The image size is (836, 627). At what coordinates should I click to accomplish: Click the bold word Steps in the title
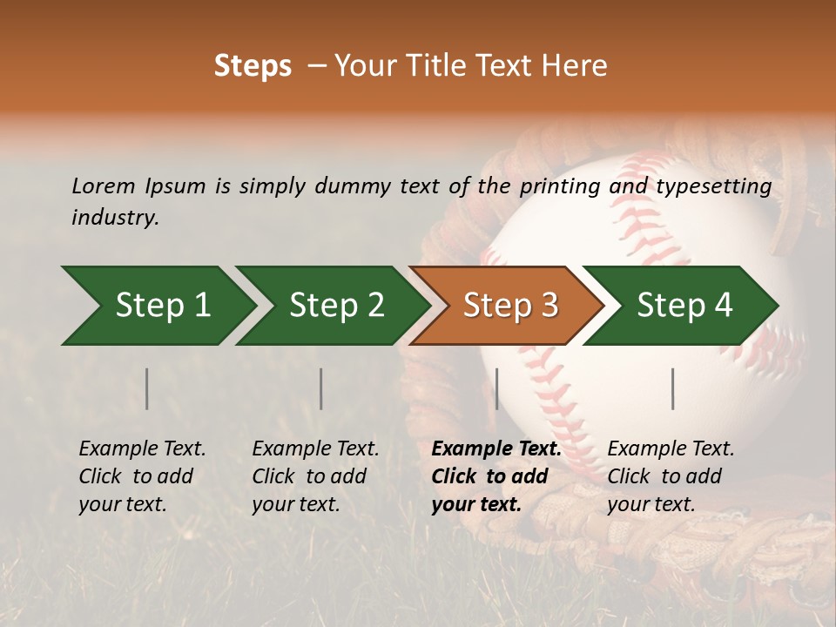click(x=253, y=66)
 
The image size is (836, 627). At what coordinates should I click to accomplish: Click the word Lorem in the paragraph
click(x=104, y=185)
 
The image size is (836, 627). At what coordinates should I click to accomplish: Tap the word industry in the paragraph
click(x=115, y=217)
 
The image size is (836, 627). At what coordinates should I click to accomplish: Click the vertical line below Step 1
click(x=147, y=388)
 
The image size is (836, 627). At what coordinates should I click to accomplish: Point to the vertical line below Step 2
click(x=321, y=388)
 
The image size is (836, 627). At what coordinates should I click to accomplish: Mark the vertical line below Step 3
click(x=496, y=388)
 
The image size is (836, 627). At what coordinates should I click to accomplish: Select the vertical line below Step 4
click(x=672, y=388)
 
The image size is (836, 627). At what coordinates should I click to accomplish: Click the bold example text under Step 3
click(x=496, y=476)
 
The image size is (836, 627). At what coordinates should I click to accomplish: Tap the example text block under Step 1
click(x=142, y=476)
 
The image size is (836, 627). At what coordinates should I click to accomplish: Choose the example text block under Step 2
click(x=315, y=476)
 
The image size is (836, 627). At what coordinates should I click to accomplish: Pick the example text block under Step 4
click(x=671, y=476)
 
